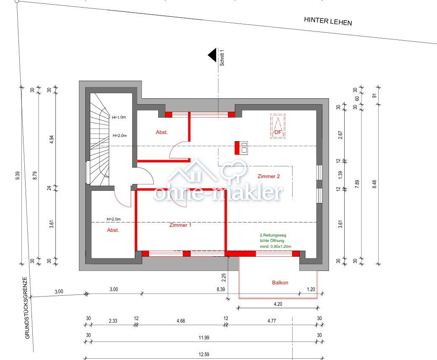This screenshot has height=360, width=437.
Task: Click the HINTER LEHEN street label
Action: tap(328, 21)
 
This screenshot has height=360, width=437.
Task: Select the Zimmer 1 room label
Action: tap(181, 225)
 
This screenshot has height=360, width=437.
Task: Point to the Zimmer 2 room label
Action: tap(269, 176)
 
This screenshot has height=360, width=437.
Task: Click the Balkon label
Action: tap(280, 282)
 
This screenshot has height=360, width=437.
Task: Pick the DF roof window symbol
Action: tap(278, 126)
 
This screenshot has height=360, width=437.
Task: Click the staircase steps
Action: tap(99, 139)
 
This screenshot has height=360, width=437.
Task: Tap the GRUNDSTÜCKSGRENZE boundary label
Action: tap(27, 308)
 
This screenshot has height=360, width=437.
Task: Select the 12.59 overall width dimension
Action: tap(204, 355)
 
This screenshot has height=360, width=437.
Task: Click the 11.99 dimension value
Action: tap(204, 338)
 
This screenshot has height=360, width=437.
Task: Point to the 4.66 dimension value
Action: tap(181, 321)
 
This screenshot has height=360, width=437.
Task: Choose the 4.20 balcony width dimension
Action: tap(278, 304)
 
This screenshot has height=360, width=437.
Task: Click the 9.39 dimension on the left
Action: tap(17, 175)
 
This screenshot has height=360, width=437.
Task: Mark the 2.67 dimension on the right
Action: tap(340, 135)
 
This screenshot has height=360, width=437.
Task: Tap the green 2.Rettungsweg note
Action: tap(275, 241)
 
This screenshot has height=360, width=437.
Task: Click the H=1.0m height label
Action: tap(119, 117)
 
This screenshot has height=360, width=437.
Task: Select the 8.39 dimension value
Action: tap(221, 289)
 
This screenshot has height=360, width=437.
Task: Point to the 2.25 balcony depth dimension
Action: tap(223, 278)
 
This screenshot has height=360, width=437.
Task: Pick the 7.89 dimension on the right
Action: tap(357, 184)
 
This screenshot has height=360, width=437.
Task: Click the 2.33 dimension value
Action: tap(113, 321)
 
